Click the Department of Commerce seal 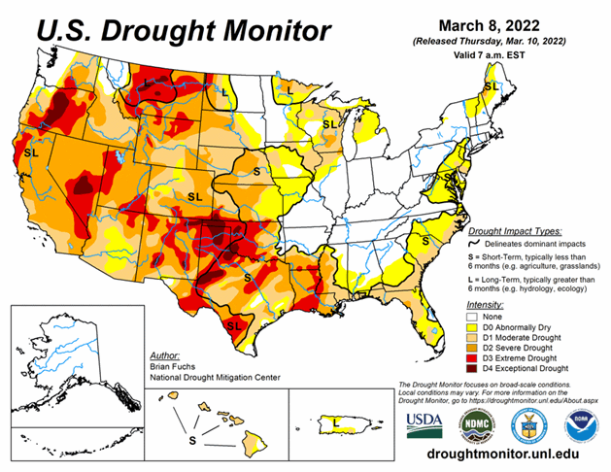tap(532, 422)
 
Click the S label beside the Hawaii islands tap(191, 438)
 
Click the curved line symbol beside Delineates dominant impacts tap(475, 246)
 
